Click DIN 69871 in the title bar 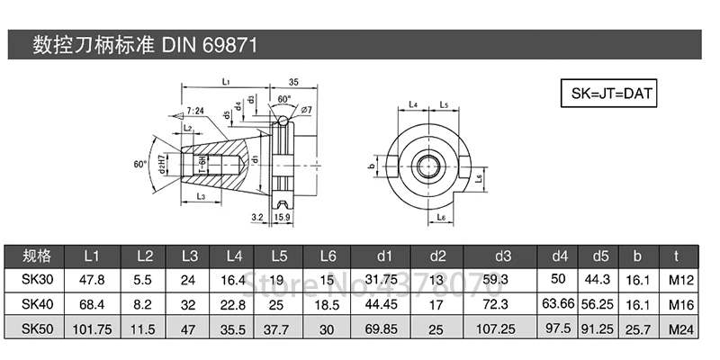coord(214,45)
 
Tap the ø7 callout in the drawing coord(306,111)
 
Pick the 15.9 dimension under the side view coord(282,217)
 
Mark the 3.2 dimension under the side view coord(256,217)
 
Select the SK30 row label coord(38,279)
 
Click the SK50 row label coord(38,329)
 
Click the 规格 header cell coord(38,255)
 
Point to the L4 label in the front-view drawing coord(412,105)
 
